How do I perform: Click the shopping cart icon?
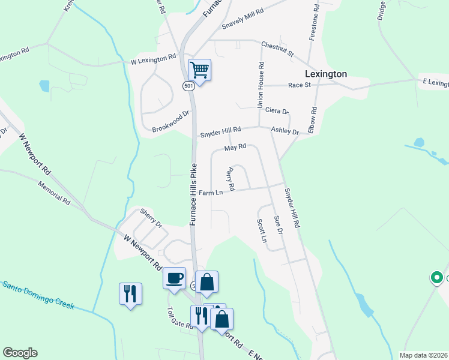pos(199,70)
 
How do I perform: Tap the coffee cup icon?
pos(175,278)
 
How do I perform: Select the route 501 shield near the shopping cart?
pos(188,86)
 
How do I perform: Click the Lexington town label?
pos(326,74)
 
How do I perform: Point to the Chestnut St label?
pos(277,49)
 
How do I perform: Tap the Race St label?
pos(299,85)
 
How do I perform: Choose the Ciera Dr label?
pos(277,111)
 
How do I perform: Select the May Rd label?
pos(235,147)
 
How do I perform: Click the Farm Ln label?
pos(211,193)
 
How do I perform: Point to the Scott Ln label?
pos(261,230)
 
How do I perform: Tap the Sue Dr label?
pos(277,225)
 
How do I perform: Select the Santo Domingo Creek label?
pos(37,295)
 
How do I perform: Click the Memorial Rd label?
pos(53,194)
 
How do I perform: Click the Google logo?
pos(20,353)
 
